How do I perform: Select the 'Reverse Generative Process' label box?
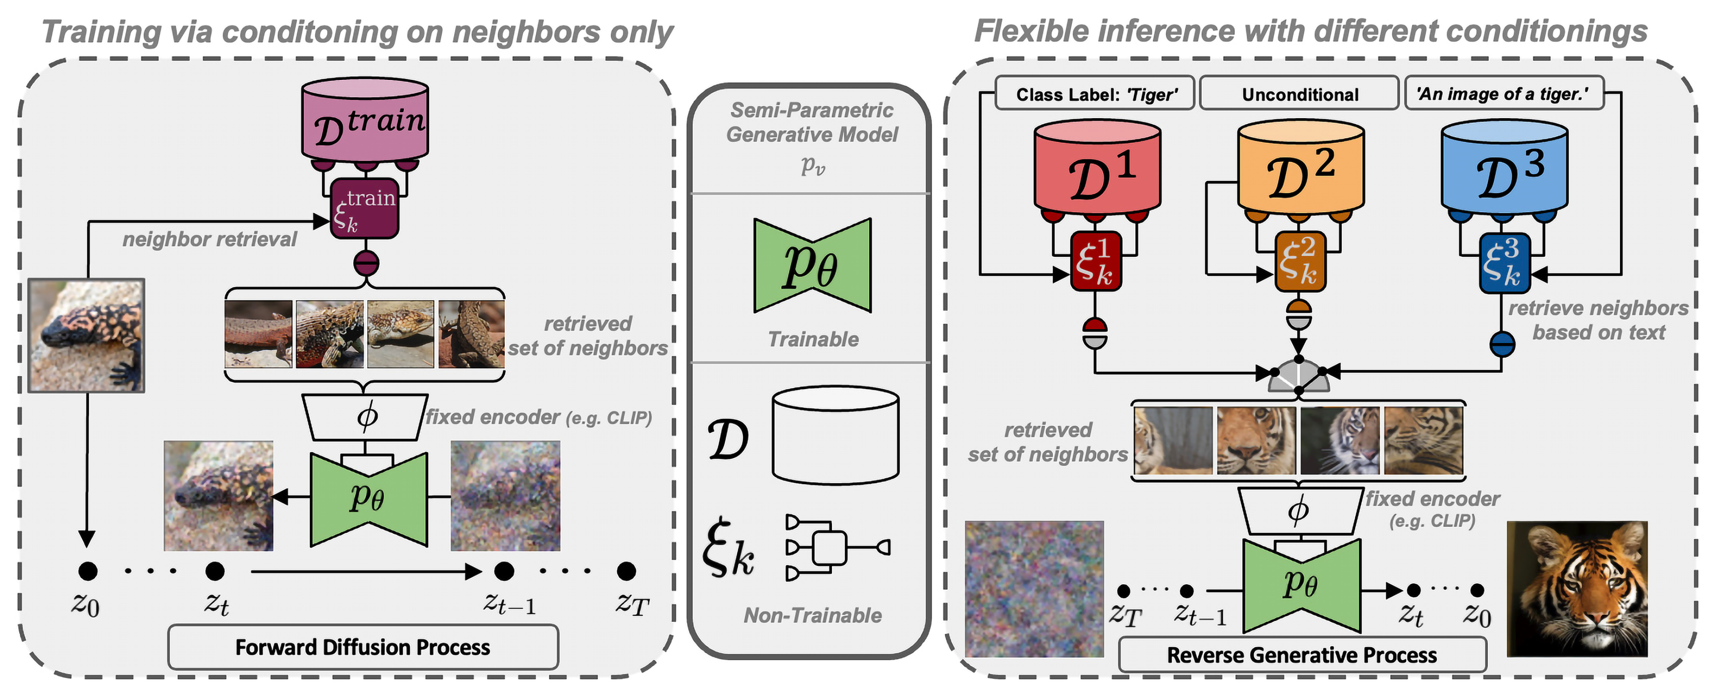pyautogui.click(x=1301, y=655)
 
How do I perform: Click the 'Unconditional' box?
pyautogui.click(x=1300, y=94)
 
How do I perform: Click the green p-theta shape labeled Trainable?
pyautogui.click(x=812, y=265)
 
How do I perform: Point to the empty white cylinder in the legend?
pyautogui.click(x=836, y=435)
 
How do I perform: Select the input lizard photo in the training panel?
pyautogui.click(x=86, y=335)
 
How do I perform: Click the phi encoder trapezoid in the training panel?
pyautogui.click(x=365, y=417)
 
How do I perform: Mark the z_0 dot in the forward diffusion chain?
pyautogui.click(x=87, y=571)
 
